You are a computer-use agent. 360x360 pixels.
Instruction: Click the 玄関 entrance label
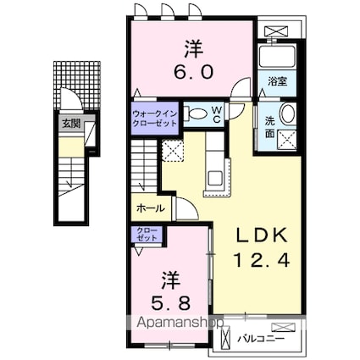(71, 124)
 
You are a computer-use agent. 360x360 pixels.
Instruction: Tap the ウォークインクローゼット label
(155, 119)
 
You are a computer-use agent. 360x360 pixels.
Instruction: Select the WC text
(217, 114)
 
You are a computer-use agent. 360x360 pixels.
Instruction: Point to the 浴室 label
(278, 81)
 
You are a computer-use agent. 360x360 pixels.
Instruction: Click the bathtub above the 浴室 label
(277, 56)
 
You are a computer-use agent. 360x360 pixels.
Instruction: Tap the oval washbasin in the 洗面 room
(288, 114)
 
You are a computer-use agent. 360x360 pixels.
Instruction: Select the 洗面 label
(269, 128)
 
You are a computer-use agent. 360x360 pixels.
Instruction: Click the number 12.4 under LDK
(262, 260)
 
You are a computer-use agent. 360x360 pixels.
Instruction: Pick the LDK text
(262, 235)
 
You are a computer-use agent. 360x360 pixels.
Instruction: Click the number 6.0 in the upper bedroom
(193, 72)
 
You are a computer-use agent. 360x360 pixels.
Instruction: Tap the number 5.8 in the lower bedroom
(170, 303)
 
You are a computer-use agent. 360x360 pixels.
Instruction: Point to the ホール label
(150, 208)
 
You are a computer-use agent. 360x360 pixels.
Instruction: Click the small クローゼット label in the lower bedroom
(147, 234)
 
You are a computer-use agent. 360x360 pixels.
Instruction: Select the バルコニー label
(261, 338)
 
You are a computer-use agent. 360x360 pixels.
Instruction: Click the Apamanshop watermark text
(180, 323)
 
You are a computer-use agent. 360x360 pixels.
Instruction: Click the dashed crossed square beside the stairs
(173, 151)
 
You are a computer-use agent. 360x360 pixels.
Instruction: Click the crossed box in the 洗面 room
(287, 140)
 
